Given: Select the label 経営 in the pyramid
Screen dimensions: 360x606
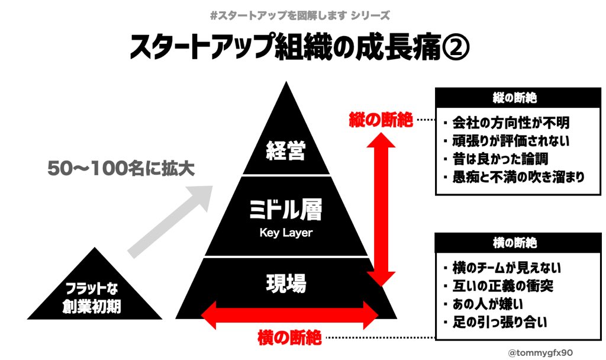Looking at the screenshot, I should click(286, 151).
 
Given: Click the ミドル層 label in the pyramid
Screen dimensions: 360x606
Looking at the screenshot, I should click(286, 210).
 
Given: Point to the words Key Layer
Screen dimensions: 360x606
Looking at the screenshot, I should click(286, 233).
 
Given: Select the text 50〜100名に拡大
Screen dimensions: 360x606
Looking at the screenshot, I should click(121, 169).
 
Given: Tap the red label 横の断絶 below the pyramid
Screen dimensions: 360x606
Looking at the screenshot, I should click(290, 338).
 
